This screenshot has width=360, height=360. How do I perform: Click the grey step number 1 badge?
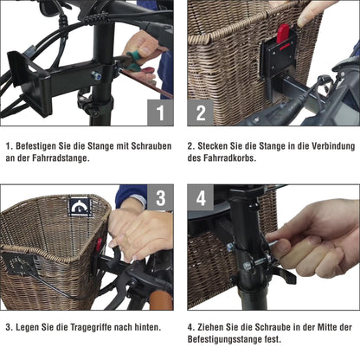(x=160, y=112)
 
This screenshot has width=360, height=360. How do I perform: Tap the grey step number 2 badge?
(x=200, y=112)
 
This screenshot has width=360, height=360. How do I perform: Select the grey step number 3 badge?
(x=160, y=198)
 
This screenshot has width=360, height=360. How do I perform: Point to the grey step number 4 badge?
(x=200, y=198)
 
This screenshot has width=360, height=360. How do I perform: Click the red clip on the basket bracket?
(x=281, y=35)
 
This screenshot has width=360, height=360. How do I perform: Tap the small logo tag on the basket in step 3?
(x=80, y=208)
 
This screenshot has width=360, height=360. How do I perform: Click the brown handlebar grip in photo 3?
(x=159, y=302)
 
